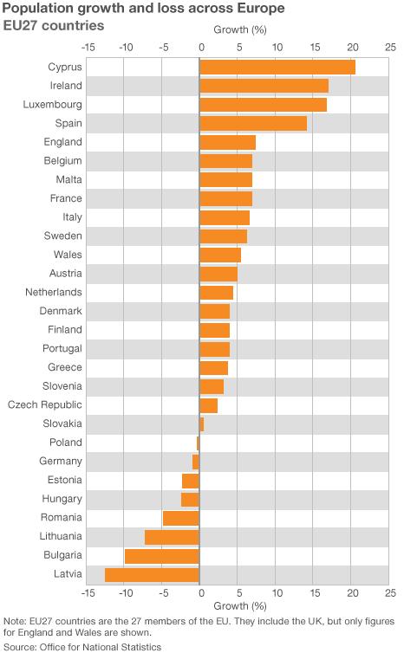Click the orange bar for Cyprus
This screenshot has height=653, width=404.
coord(277,67)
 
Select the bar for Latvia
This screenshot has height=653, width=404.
coord(153,574)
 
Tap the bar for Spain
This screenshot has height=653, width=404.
coord(253,123)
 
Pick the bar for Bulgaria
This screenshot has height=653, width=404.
coord(162,555)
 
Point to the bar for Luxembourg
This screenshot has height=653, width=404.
coord(264,104)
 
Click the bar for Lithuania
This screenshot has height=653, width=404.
coord(173,537)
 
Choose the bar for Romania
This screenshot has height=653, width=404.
coord(181,518)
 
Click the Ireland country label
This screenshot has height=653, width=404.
coord(66,85)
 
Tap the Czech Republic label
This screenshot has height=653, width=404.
coord(45,404)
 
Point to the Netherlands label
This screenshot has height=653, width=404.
coord(54,292)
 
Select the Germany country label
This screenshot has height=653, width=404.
coord(61,461)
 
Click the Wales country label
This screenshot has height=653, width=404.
coord(68,255)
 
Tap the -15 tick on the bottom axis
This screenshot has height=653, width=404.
coord(88,593)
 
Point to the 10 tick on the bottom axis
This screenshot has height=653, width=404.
coord(276,593)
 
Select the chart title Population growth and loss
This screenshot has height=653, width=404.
coord(138,9)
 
